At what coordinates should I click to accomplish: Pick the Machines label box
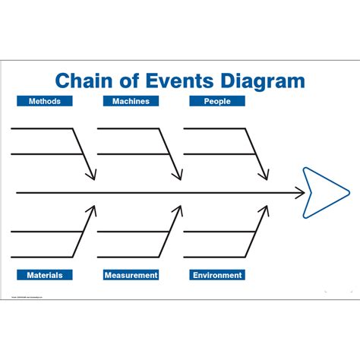(x=131, y=101)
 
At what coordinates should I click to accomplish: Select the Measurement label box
(x=131, y=275)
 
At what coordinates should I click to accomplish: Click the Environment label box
(x=217, y=275)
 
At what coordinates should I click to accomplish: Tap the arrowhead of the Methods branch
(x=93, y=176)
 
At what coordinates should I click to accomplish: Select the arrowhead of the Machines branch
(x=179, y=176)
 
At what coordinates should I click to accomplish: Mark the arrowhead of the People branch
(x=265, y=176)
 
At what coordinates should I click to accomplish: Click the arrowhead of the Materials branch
(x=93, y=210)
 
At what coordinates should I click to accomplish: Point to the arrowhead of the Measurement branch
(x=179, y=210)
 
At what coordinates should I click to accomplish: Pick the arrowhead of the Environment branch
(x=265, y=210)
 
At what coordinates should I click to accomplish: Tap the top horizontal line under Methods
(x=42, y=128)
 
